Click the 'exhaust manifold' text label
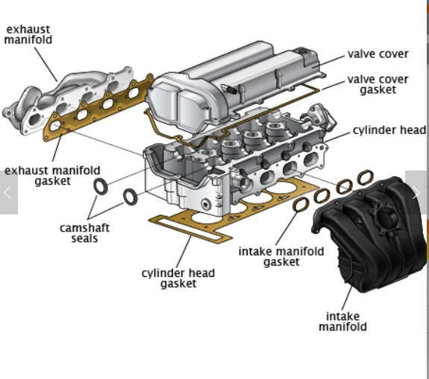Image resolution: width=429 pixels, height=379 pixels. click(28, 34)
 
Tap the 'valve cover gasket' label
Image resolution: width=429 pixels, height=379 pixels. click(378, 85)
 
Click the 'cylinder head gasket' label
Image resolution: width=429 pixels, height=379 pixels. click(178, 278)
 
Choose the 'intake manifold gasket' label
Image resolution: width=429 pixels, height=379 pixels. click(281, 256)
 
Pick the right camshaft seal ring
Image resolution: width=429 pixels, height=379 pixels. click(130, 197)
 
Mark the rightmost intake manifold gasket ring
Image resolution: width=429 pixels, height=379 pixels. click(365, 177)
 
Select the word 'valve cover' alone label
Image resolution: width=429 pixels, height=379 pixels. click(378, 54)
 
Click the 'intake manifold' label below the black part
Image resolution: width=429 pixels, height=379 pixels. click(343, 321)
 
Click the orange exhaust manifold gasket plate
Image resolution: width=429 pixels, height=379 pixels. click(97, 112)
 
